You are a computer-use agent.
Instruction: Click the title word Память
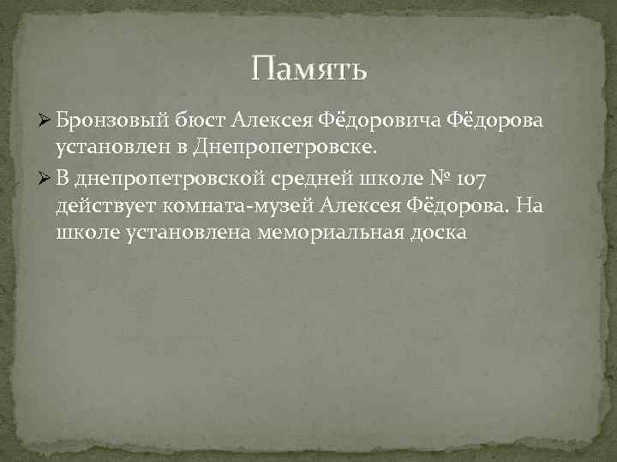309,68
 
